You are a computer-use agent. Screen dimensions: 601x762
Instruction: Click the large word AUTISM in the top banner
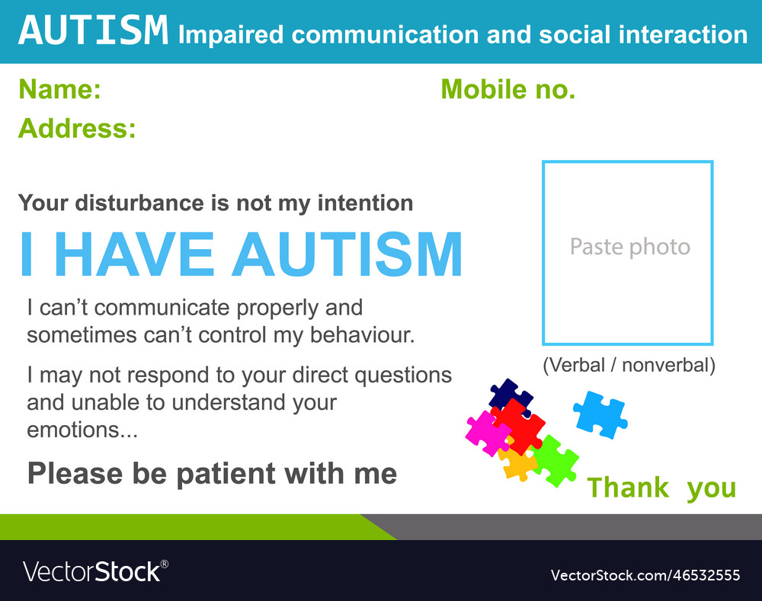(x=92, y=31)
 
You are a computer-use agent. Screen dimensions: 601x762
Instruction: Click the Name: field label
(x=59, y=90)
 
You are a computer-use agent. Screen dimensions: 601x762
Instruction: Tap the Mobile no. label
(x=507, y=90)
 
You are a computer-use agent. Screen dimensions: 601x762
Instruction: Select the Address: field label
(x=77, y=128)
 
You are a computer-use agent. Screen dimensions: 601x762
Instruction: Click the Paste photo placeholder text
(x=629, y=247)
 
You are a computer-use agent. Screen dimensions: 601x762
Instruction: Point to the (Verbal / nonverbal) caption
(x=629, y=365)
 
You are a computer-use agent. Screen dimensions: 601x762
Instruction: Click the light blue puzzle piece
(x=600, y=414)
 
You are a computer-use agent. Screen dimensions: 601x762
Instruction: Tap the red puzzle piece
(x=520, y=426)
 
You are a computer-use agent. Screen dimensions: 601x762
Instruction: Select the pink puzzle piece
(x=486, y=432)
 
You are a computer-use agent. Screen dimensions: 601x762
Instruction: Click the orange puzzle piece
(x=518, y=463)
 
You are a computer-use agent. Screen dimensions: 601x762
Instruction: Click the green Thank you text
(x=661, y=488)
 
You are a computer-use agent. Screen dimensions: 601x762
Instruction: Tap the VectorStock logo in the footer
(x=95, y=571)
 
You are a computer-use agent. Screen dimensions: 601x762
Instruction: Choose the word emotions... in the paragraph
(x=82, y=430)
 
